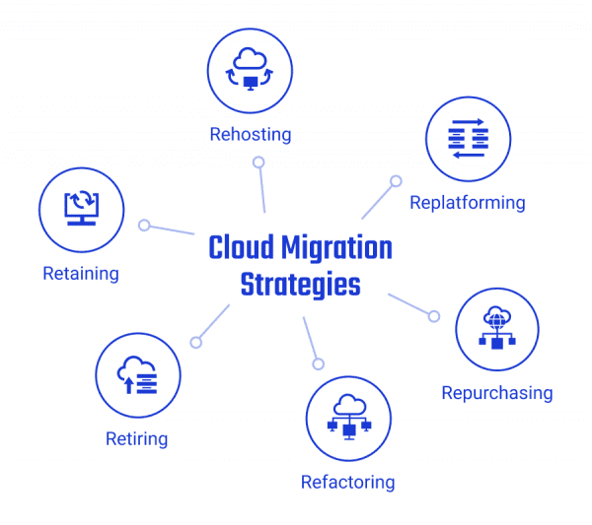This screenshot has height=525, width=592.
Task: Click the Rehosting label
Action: pos(251,134)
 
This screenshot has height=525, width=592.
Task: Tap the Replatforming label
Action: pos(468,203)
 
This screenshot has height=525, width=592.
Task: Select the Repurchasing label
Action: pos(496,393)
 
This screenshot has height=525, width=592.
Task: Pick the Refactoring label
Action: pos(347,482)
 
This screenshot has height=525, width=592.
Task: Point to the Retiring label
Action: pos(136,438)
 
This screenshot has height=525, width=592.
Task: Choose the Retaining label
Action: pos(81,273)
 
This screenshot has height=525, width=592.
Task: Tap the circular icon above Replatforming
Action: pos(468,139)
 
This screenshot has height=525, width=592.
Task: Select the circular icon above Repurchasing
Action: pos(497,329)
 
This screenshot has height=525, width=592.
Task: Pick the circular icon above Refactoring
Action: pos(348,419)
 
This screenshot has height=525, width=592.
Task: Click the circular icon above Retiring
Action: pos(138,375)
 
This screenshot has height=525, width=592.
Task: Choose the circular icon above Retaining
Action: pos(81,209)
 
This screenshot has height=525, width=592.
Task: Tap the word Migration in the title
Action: pos(338,247)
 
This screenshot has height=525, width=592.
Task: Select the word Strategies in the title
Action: pos(300,285)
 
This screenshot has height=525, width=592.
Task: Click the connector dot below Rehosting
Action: pos(259,163)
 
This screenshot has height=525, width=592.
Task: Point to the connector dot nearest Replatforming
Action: pos(396,181)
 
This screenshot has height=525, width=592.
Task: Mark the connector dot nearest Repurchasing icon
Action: pos(433,316)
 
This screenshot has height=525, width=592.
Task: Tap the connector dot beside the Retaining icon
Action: pos(144,226)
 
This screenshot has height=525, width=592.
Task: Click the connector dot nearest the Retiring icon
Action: pos(195,342)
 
